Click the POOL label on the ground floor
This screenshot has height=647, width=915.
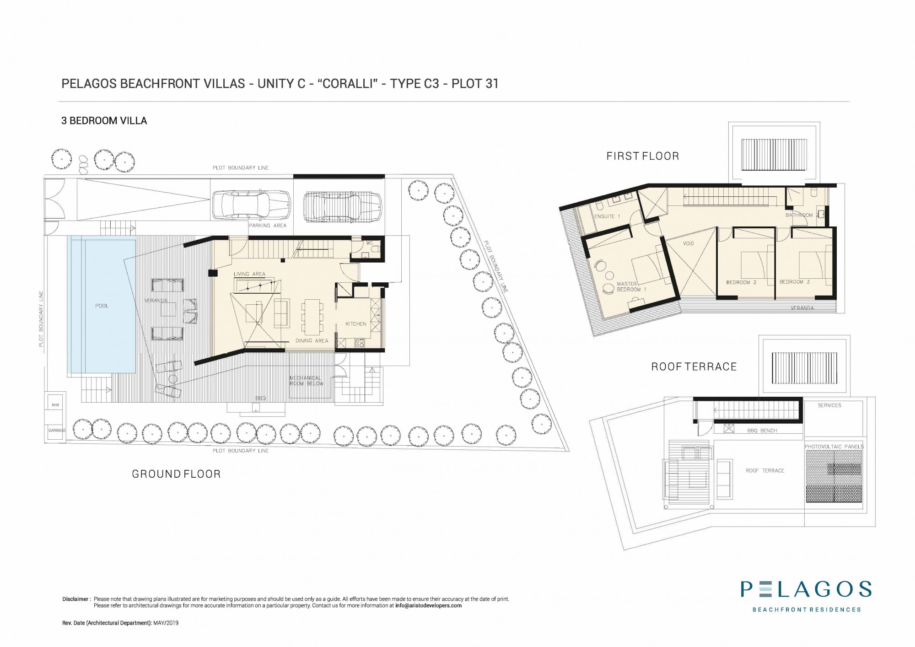(102, 306)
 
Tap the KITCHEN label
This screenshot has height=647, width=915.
(356, 324)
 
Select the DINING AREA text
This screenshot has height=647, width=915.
(312, 341)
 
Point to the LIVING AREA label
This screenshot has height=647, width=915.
(249, 274)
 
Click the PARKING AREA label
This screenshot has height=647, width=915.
(268, 226)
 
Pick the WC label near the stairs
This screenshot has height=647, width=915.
(370, 243)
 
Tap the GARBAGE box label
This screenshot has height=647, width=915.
(57, 431)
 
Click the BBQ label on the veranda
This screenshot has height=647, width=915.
(260, 399)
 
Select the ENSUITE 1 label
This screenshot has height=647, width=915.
(607, 216)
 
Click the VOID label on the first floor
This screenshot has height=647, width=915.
(689, 243)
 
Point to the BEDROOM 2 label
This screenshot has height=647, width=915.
(742, 282)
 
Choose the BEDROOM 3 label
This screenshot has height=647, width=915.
(795, 282)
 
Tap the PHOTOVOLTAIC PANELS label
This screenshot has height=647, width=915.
(834, 447)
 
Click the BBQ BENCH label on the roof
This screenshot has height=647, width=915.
(762, 431)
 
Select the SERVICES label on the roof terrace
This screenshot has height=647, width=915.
(829, 405)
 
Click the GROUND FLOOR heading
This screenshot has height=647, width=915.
(176, 474)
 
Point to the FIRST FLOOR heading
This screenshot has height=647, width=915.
(643, 156)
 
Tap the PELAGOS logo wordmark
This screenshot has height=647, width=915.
(806, 589)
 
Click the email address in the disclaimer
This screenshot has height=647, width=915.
(428, 605)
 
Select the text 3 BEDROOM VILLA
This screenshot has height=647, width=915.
(104, 121)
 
